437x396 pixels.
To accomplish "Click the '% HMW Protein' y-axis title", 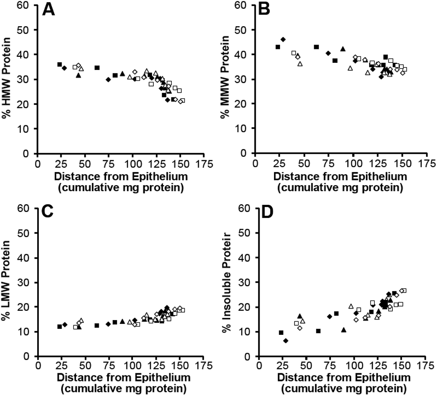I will (x=8, y=79).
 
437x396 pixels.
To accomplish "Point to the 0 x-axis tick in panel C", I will (x=38, y=367).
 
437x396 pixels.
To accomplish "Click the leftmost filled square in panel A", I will (x=59, y=65).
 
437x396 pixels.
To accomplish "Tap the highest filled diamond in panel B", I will (x=283, y=39).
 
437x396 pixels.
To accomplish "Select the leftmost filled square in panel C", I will (x=59, y=327).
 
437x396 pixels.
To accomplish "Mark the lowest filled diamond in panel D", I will (x=286, y=341).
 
